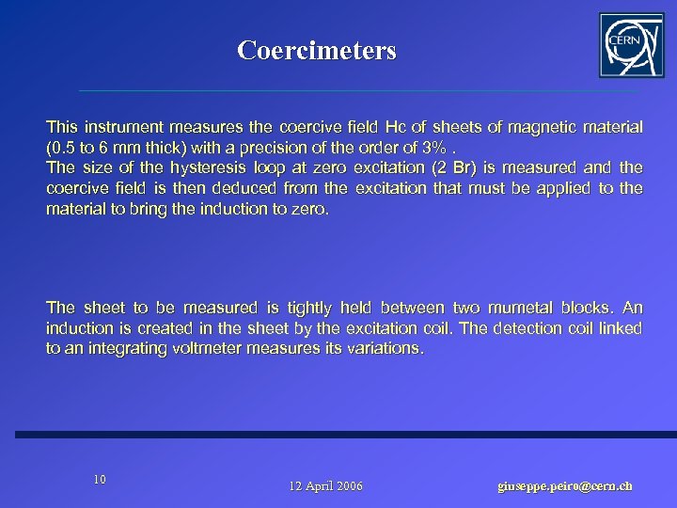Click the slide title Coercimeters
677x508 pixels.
click(317, 50)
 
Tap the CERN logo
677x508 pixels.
click(630, 45)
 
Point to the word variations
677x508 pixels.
click(390, 349)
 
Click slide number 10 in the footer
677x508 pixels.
click(100, 480)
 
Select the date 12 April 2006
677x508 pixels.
click(326, 486)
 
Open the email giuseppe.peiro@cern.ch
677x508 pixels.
click(565, 486)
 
